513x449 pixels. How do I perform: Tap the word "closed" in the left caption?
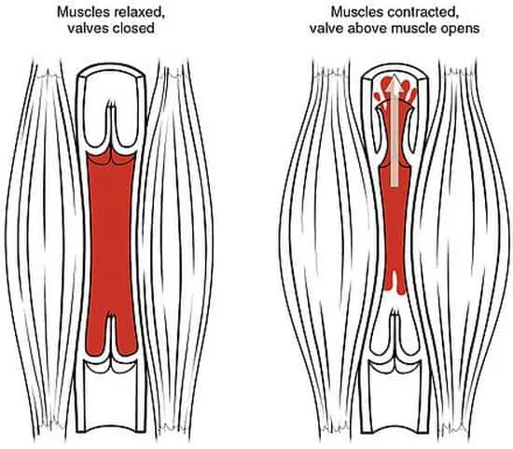tap(133, 29)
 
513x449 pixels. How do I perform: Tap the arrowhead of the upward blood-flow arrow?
tap(395, 82)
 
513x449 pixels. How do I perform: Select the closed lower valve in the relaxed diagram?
tap(112, 344)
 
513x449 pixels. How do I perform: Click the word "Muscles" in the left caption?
tap(83, 12)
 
